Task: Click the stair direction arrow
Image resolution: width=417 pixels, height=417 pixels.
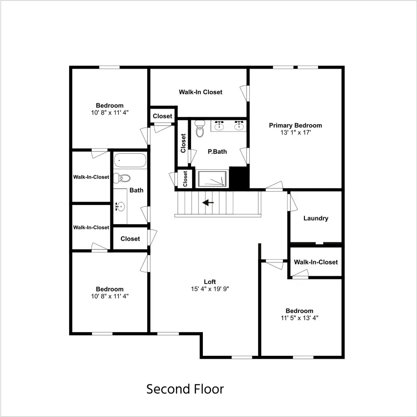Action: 208,203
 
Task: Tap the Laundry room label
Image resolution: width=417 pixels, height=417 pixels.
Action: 316,218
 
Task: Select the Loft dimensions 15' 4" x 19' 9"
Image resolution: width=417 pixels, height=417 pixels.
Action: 210,289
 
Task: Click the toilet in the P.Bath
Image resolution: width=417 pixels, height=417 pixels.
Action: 200,128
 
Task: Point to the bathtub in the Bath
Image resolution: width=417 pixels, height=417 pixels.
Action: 130,160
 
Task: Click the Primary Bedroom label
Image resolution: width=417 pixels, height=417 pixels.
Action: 295,125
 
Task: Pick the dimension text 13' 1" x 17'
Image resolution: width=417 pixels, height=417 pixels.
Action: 295,132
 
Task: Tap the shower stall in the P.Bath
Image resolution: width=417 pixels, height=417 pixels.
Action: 212,179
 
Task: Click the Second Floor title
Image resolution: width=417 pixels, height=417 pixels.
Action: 185,389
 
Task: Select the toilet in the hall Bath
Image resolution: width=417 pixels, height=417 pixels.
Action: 122,178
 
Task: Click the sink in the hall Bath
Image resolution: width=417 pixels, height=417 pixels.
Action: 120,206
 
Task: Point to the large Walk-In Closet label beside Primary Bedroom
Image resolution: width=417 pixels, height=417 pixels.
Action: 201,92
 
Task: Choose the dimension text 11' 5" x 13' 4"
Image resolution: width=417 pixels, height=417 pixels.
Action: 299,318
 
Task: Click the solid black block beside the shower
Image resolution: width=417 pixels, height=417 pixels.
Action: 239,178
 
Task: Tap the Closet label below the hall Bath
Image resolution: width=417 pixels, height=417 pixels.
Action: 130,239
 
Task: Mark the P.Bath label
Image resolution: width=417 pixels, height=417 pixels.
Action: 217,152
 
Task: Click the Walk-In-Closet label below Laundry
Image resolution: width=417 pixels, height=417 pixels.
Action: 316,262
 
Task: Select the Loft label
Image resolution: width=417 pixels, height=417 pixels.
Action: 210,281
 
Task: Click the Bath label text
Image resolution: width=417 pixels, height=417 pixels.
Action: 136,190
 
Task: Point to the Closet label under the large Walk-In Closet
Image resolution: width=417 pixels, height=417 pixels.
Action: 162,116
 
